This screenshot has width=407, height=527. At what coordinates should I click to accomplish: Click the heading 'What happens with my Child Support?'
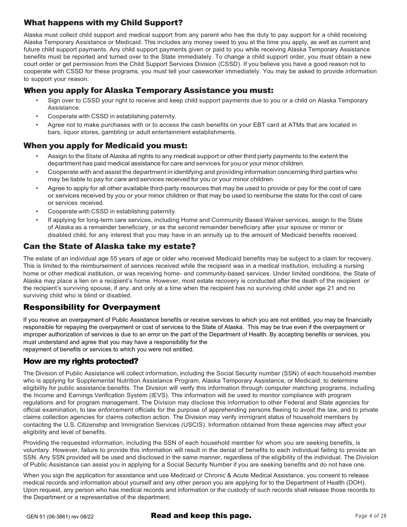pos(103,23)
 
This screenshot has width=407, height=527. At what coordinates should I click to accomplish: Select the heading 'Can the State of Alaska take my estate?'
pos(110,246)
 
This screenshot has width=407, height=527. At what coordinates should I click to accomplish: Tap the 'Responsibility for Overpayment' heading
pos(92,307)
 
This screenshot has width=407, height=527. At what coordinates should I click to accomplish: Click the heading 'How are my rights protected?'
pos(81,361)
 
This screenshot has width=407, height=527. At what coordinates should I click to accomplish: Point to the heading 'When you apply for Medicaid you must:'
pos(105,146)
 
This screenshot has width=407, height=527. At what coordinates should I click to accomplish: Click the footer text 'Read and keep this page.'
pos(201,515)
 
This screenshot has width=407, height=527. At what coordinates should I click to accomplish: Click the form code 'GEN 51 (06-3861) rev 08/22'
pos(60,517)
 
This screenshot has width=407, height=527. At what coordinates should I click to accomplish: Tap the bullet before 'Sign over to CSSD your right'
pos(37,101)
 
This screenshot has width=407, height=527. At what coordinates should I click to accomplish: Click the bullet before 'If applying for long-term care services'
pos(37,220)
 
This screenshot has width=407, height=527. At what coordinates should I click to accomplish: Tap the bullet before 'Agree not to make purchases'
pos(37,125)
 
